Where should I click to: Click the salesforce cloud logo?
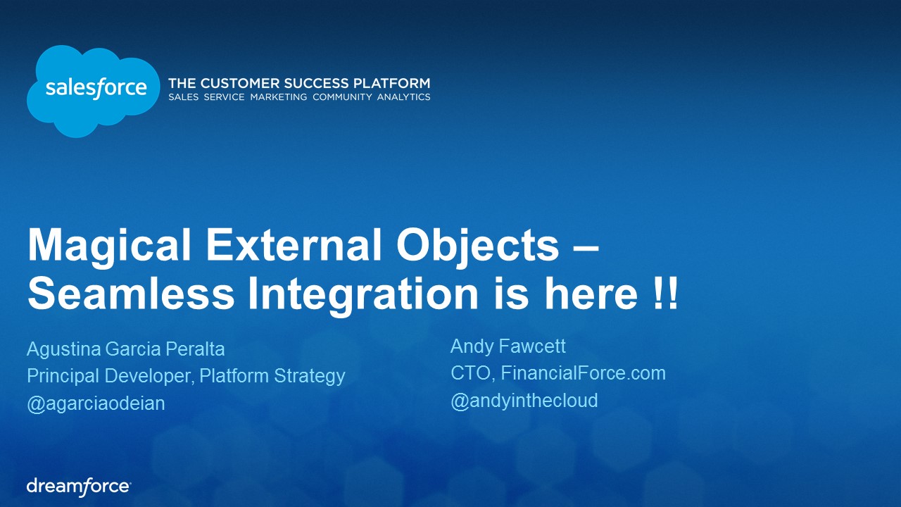coord(94,91)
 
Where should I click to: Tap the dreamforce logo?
coord(79,487)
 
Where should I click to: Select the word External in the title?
coord(294,244)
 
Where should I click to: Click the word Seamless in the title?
coord(131,293)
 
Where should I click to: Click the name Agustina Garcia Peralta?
coord(125,349)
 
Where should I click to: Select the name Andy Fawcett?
coord(508,346)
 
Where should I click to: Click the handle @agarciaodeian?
coord(96,403)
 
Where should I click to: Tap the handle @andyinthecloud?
coord(524,401)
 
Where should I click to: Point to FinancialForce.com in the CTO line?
coord(584,373)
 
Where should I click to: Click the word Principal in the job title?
coord(63,376)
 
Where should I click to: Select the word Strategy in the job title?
coord(309,376)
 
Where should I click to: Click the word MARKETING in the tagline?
coord(278,97)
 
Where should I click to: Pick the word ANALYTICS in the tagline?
coord(403,97)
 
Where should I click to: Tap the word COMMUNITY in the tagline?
coord(342,97)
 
